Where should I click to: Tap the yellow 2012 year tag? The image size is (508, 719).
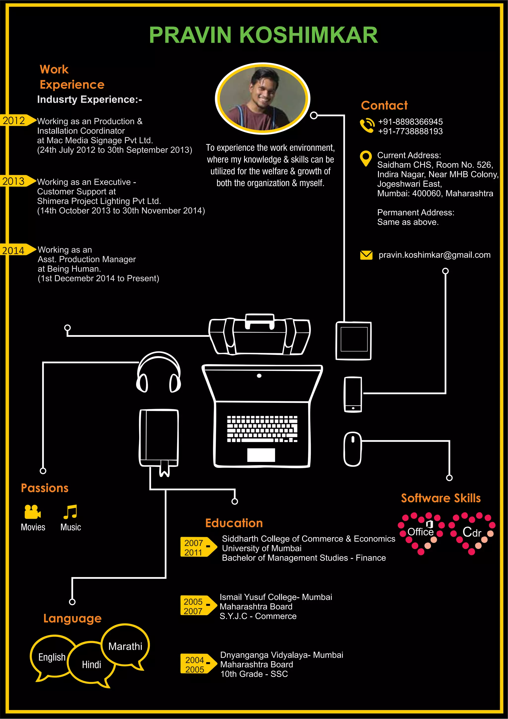(16, 121)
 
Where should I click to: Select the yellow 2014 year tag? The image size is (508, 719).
(16, 250)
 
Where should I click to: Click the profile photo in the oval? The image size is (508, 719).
(262, 99)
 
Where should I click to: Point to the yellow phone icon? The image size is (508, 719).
(367, 126)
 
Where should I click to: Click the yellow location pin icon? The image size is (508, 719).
(366, 158)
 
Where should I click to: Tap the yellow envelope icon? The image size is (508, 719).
(366, 255)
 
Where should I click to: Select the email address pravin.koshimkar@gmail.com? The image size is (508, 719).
(434, 255)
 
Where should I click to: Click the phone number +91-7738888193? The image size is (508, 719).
(410, 131)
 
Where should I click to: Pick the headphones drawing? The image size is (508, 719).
(159, 372)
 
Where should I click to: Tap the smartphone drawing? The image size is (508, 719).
(353, 394)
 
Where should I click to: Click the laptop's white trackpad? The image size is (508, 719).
(261, 455)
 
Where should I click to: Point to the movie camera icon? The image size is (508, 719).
(32, 512)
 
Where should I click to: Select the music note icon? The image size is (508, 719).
(70, 512)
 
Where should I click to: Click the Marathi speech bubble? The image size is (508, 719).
(125, 646)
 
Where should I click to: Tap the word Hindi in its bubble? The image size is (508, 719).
(91, 664)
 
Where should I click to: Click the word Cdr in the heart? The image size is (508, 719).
(472, 532)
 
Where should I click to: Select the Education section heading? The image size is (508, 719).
(234, 523)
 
